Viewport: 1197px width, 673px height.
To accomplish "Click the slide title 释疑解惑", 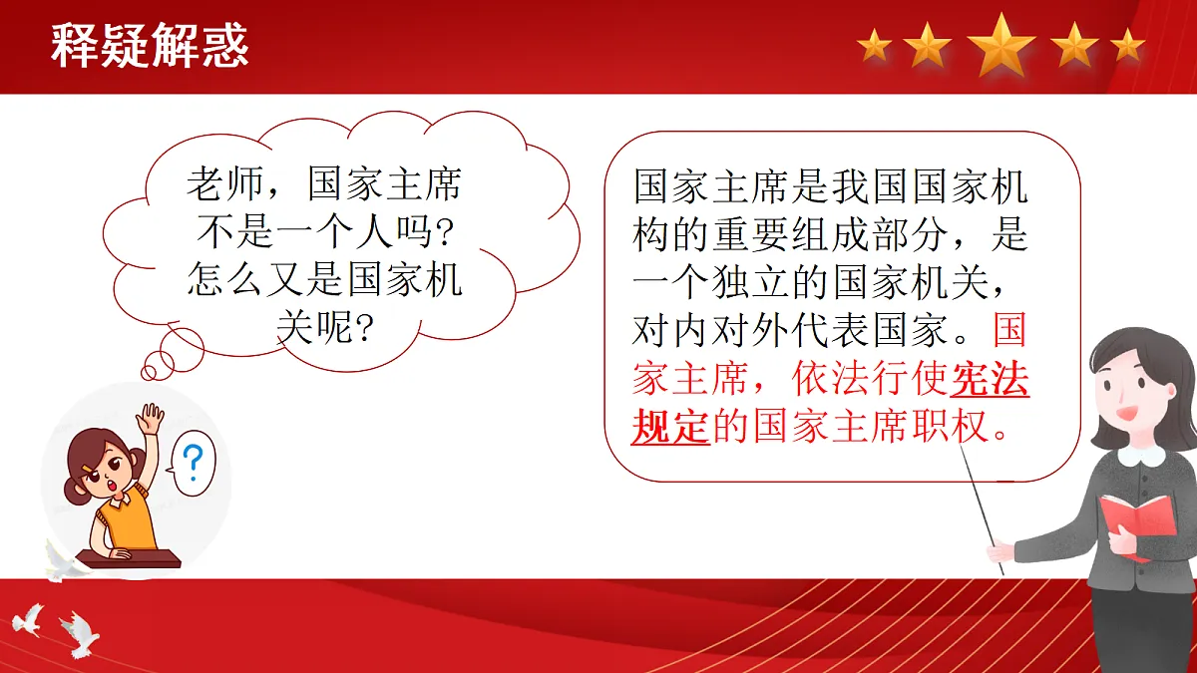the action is tap(150, 46).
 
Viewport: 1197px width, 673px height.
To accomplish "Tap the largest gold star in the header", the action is tap(1001, 45).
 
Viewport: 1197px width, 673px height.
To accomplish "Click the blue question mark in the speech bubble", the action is tap(193, 463).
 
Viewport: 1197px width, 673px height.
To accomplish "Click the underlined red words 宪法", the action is tap(990, 379).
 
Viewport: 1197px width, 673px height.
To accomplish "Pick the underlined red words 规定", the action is tap(670, 427).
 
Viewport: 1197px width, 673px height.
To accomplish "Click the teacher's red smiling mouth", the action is tap(1126, 413).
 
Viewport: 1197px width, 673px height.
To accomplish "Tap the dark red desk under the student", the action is tap(129, 558).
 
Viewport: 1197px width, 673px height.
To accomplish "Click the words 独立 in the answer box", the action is tap(750, 282).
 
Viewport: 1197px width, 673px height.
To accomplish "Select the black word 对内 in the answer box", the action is tap(670, 330).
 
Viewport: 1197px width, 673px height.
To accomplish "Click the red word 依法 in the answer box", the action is tap(830, 379).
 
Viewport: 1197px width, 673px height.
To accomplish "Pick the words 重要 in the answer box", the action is tap(750, 235).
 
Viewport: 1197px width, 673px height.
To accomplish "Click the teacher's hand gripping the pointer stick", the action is tap(999, 551).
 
